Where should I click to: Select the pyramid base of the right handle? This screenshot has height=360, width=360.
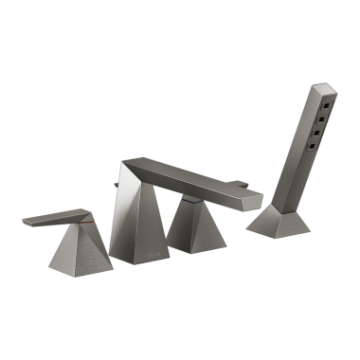[194, 227]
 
